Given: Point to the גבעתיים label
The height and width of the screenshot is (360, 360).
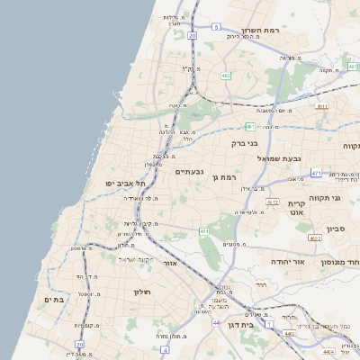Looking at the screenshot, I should tap(188, 171).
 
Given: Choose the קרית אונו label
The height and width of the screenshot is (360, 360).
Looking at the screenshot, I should tap(298, 209).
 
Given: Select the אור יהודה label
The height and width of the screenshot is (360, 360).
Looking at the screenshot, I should tap(288, 262).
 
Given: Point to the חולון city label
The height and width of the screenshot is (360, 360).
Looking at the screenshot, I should tap(144, 292).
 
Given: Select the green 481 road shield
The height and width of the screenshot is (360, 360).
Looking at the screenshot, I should tap(249, 125).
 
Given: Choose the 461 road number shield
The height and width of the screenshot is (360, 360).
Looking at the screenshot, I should tap(205, 231).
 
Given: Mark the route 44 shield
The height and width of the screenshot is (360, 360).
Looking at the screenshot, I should tap(216, 321).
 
